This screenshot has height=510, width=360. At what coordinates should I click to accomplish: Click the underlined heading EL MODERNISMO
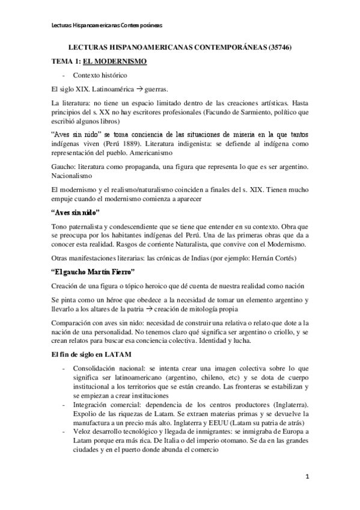point(112,61)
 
